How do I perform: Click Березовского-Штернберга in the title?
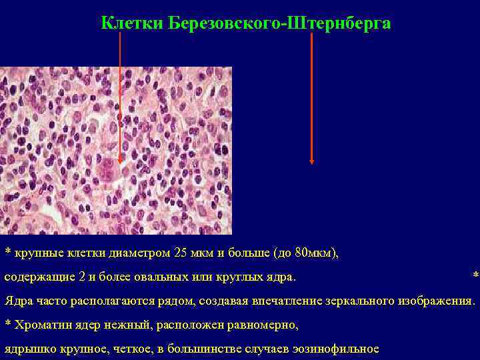pyautogui.click(x=279, y=24)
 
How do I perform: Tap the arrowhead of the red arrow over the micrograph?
pyautogui.click(x=120, y=159)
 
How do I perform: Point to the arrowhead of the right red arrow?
pyautogui.click(x=311, y=160)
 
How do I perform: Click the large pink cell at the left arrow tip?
pyautogui.click(x=106, y=169)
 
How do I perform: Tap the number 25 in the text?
pyautogui.click(x=180, y=253)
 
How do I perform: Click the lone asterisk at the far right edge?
pyautogui.click(x=475, y=276)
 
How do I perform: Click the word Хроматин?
pyautogui.click(x=40, y=325)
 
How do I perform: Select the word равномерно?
pyautogui.click(x=264, y=325)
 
